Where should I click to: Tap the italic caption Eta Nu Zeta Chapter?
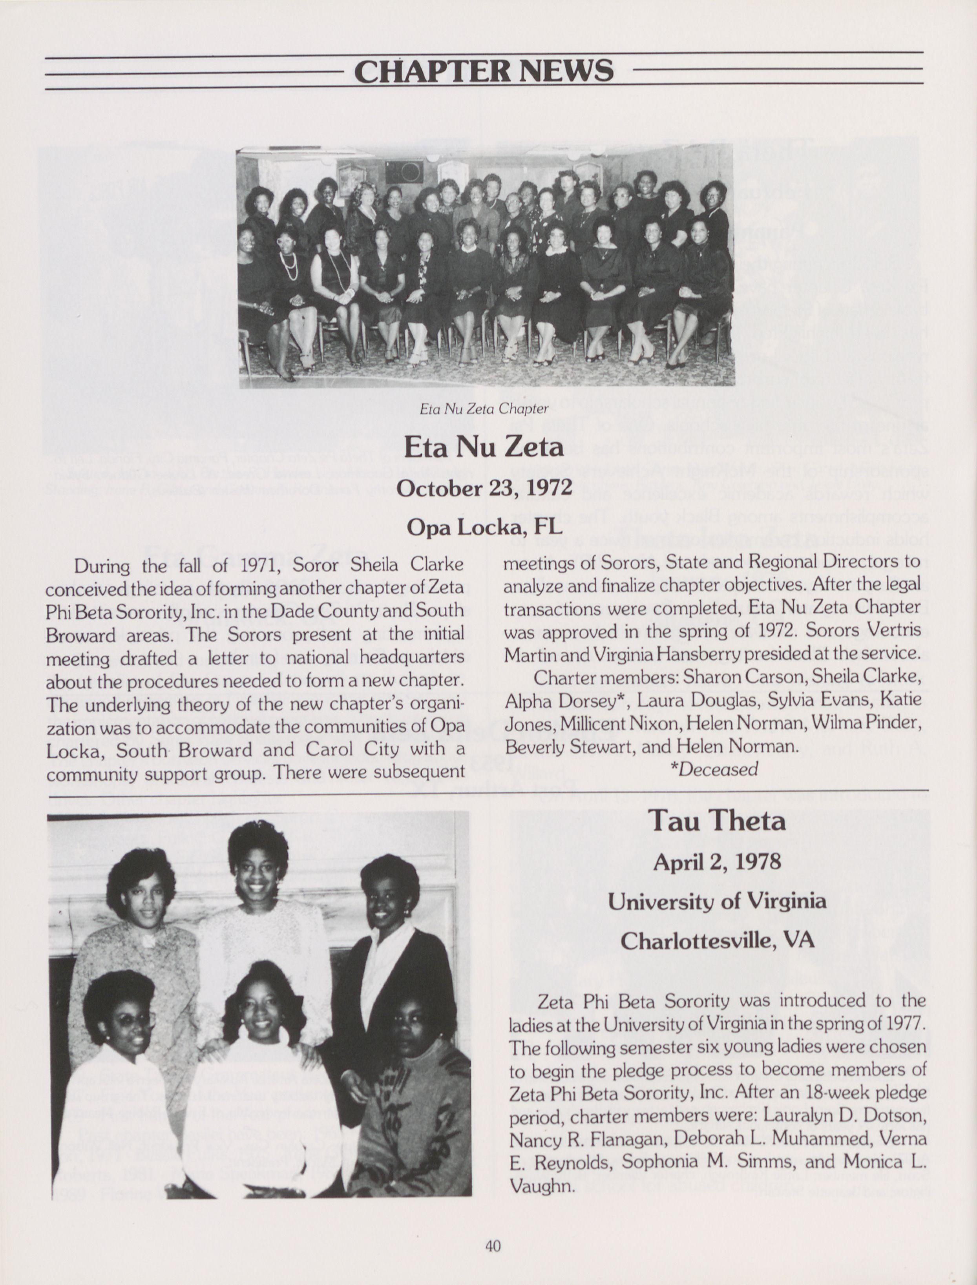(484, 409)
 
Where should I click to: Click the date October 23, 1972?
(484, 487)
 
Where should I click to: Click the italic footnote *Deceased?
(714, 769)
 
